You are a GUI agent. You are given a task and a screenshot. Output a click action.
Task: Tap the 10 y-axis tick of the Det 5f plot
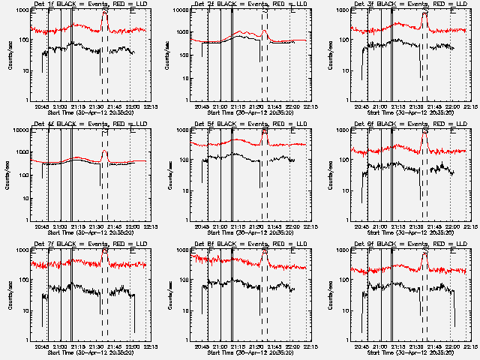point(186,190)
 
